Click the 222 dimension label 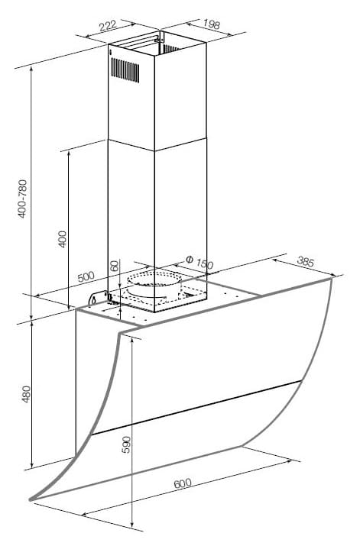click(x=108, y=26)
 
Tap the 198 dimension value click(x=212, y=24)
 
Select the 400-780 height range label click(x=23, y=199)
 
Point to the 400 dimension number click(x=62, y=239)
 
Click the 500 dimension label click(x=86, y=277)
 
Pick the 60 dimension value click(x=115, y=267)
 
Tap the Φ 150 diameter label click(x=199, y=263)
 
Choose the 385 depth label click(x=306, y=261)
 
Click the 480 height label click(x=26, y=395)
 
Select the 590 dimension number click(x=127, y=444)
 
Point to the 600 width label click(x=182, y=483)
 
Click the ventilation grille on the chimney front click(x=125, y=70)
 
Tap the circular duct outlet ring click(x=154, y=279)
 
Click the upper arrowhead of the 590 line click(x=132, y=341)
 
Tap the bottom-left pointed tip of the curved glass click(x=31, y=500)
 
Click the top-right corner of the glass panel click(x=331, y=279)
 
